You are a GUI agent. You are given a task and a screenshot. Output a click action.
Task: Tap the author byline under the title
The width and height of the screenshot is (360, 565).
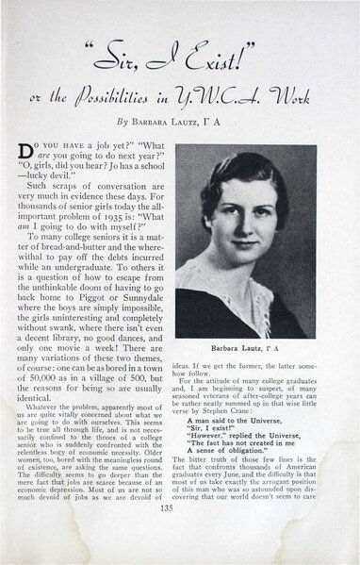179,122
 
